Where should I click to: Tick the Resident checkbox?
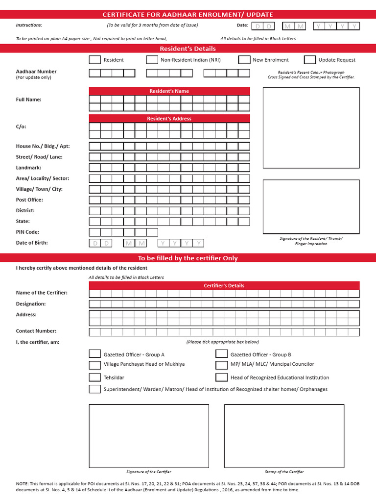[x=94, y=60]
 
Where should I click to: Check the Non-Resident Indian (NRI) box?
[x=152, y=60]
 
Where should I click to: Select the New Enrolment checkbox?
[x=244, y=60]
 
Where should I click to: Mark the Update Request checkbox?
[x=310, y=60]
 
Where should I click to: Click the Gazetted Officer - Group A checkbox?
[x=94, y=354]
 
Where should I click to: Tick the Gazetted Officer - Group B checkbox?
[x=222, y=354]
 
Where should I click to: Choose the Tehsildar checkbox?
[x=94, y=377]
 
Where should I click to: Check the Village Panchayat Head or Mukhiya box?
[x=94, y=365]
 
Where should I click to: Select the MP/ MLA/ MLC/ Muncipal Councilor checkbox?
[x=222, y=365]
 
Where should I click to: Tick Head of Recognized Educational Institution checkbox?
[x=222, y=377]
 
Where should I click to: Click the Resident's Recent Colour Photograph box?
[x=311, y=128]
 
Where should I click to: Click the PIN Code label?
[x=27, y=232]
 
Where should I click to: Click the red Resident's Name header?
[x=169, y=91]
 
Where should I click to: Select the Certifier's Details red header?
[x=224, y=285]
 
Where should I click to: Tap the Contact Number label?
[x=36, y=331]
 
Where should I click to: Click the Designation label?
[x=31, y=303]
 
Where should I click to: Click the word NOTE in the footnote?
[x=22, y=484]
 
